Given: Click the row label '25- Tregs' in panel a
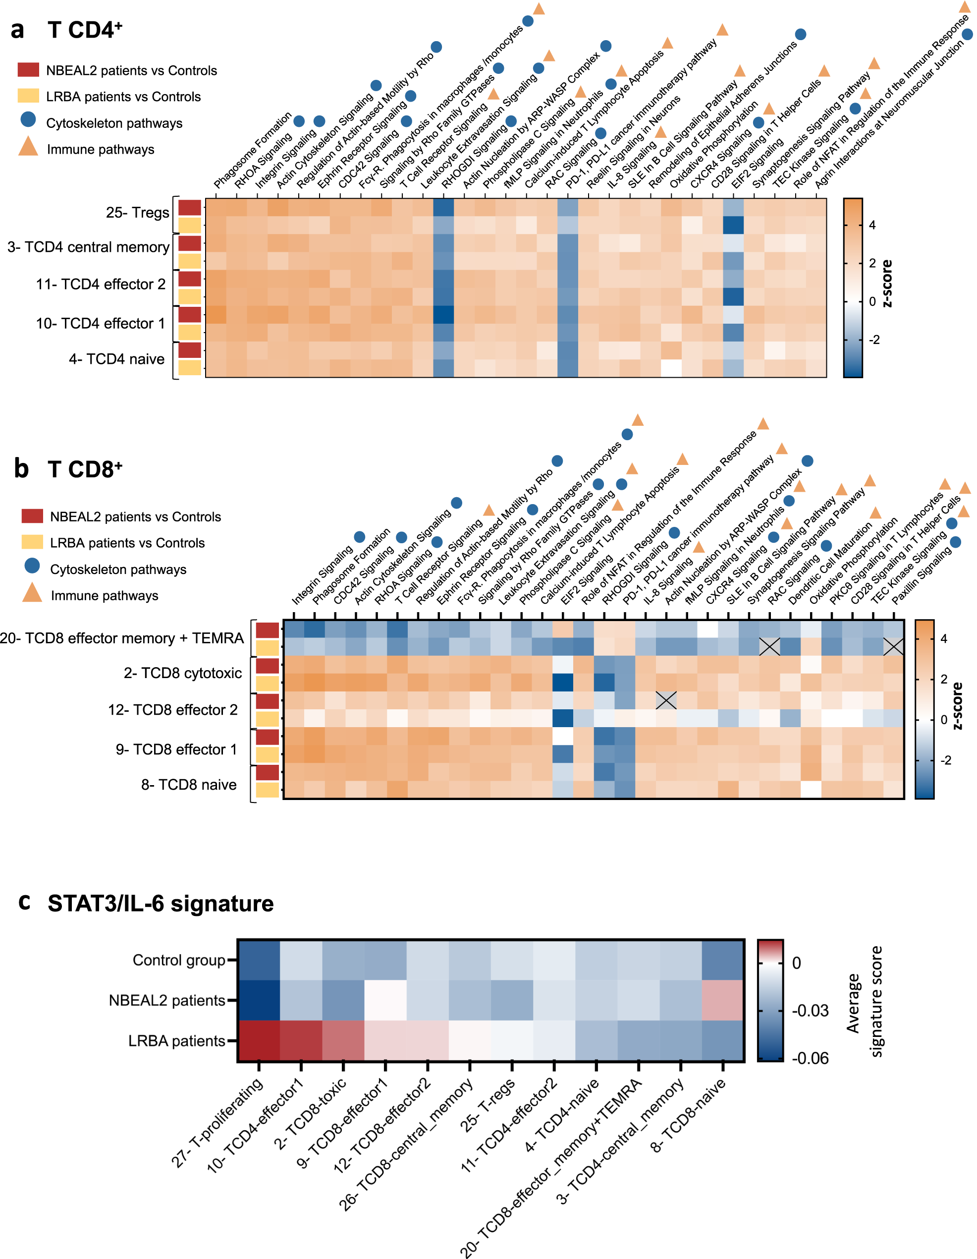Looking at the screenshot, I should click(137, 213).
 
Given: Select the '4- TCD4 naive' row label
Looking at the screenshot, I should click(116, 359).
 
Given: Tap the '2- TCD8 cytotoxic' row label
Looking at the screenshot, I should click(183, 673).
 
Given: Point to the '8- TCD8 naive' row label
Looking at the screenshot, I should click(188, 785).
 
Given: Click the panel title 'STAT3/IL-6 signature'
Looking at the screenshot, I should click(160, 903).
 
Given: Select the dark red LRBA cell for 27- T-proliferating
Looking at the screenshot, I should click(259, 1040).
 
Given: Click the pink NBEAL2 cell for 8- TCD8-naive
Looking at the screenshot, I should click(722, 1000).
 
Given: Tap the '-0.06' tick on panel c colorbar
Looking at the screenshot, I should click(810, 1058).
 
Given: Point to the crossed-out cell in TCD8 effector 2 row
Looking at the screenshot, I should click(666, 700).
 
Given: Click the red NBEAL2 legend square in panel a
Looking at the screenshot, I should click(28, 70).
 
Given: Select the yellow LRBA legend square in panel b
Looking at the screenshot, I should click(32, 542).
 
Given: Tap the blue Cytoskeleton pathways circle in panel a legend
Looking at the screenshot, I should click(28, 120).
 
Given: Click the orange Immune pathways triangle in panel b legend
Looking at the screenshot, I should click(32, 593).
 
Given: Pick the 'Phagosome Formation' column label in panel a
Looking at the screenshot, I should click(252, 151).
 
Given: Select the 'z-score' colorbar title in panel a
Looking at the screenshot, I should click(887, 283).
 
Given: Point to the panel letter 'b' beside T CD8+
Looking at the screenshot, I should click(21, 468).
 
